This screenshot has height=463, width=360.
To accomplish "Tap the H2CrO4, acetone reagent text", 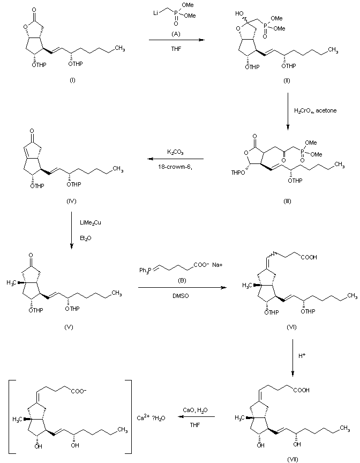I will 313,111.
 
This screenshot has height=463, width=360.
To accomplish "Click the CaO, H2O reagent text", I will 196,410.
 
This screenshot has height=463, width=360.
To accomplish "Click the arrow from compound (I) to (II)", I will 176,40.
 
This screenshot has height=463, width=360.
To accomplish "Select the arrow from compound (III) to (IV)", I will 176,159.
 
